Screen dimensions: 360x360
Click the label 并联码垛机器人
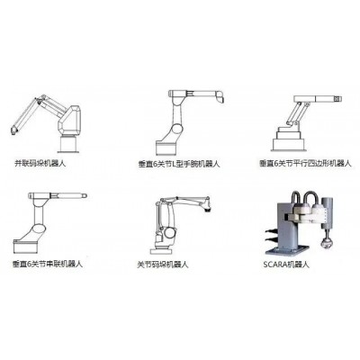point(44,164)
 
